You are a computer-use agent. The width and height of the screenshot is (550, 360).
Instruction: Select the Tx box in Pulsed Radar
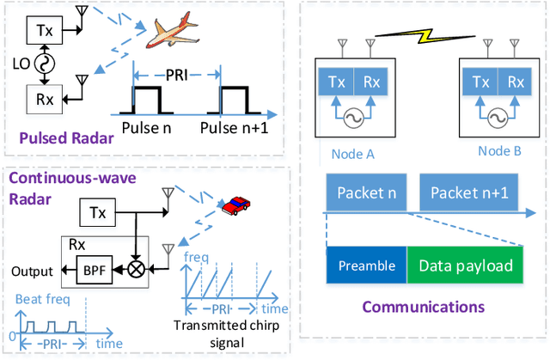point(44,29)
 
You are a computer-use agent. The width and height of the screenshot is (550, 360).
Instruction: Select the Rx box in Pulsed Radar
point(44,99)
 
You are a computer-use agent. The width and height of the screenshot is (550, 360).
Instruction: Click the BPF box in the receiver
point(91,272)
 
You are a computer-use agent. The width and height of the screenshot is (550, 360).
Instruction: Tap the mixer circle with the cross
point(135,272)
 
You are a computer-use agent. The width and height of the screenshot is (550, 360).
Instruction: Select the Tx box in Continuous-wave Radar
point(96,211)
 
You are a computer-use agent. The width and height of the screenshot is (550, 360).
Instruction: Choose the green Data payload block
point(464,265)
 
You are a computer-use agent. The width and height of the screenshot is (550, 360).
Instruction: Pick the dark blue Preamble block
point(366,265)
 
